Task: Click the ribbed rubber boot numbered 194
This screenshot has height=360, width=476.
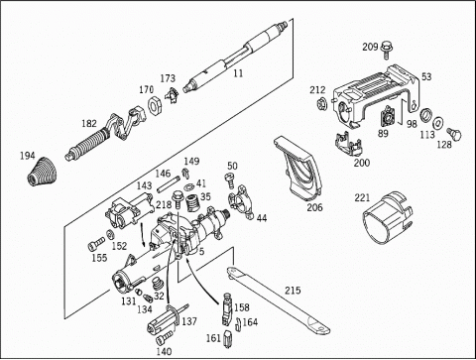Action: tap(42, 172)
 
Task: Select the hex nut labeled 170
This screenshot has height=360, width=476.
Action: tap(154, 105)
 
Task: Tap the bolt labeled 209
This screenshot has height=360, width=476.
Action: tap(386, 50)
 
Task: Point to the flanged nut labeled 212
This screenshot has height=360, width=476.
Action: tap(320, 104)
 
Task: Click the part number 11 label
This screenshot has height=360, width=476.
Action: tap(238, 73)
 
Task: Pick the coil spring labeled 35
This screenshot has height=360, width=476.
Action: tap(191, 203)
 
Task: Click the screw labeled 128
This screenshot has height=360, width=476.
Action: tap(454, 134)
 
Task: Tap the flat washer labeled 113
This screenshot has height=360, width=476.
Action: tap(438, 122)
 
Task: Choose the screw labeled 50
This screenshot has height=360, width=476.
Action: tap(230, 180)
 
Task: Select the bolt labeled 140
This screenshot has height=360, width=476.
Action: tap(164, 337)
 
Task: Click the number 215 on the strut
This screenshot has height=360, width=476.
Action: tap(293, 291)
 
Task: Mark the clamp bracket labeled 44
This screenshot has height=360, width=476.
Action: tap(241, 202)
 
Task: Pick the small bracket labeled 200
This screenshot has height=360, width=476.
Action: tap(348, 143)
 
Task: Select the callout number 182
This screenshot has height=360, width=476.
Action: tap(89, 124)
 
